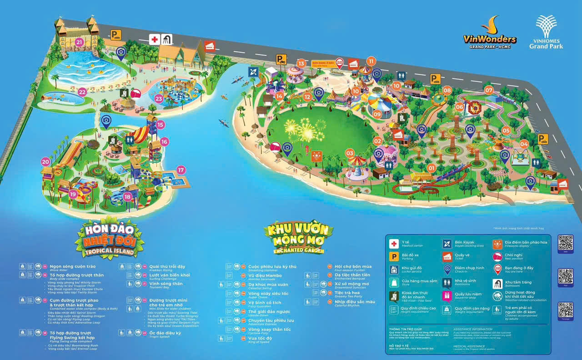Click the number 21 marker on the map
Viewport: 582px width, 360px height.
[x=80, y=43]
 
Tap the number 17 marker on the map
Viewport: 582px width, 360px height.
[x=181, y=170]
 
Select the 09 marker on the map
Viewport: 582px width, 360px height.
[x=377, y=115]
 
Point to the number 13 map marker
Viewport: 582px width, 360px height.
[x=301, y=64]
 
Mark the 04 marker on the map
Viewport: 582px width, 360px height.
[x=524, y=144]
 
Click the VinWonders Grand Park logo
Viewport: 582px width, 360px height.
[x=490, y=35]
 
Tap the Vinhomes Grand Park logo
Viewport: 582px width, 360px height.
[x=546, y=32]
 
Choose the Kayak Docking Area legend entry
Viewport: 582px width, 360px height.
[x=462, y=244]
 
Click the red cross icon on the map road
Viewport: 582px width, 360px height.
[x=155, y=40]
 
